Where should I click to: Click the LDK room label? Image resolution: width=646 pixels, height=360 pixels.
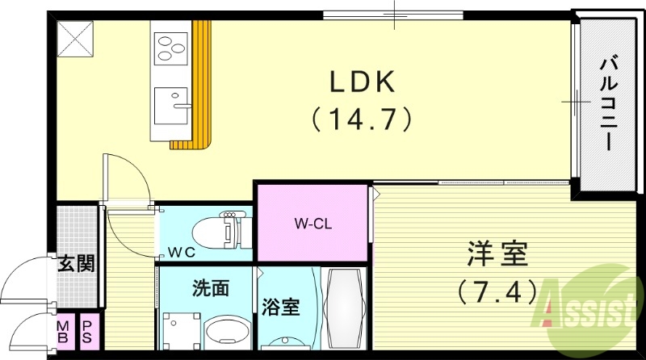pyautogui.click(x=362, y=82)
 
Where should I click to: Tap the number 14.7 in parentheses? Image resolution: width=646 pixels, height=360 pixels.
pyautogui.click(x=362, y=120)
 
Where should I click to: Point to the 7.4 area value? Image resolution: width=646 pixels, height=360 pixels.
pyautogui.click(x=496, y=288)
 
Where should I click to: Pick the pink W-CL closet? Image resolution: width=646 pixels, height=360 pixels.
pyautogui.click(x=313, y=224)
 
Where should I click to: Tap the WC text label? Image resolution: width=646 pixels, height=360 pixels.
pyautogui.click(x=182, y=251)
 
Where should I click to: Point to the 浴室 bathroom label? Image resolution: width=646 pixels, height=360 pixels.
pyautogui.click(x=281, y=308)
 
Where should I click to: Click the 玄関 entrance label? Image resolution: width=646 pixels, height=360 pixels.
pyautogui.click(x=73, y=263)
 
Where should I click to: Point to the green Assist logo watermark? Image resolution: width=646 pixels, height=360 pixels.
pyautogui.click(x=590, y=306)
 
